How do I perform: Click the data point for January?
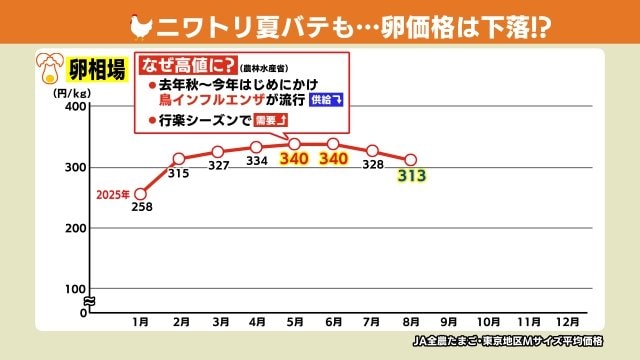click(140, 193)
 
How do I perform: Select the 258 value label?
click(141, 208)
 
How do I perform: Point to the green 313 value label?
click(411, 177)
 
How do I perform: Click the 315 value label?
click(180, 174)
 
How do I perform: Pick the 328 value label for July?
click(372, 165)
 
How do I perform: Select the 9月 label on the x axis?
click(448, 322)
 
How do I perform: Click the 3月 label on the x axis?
click(218, 322)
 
